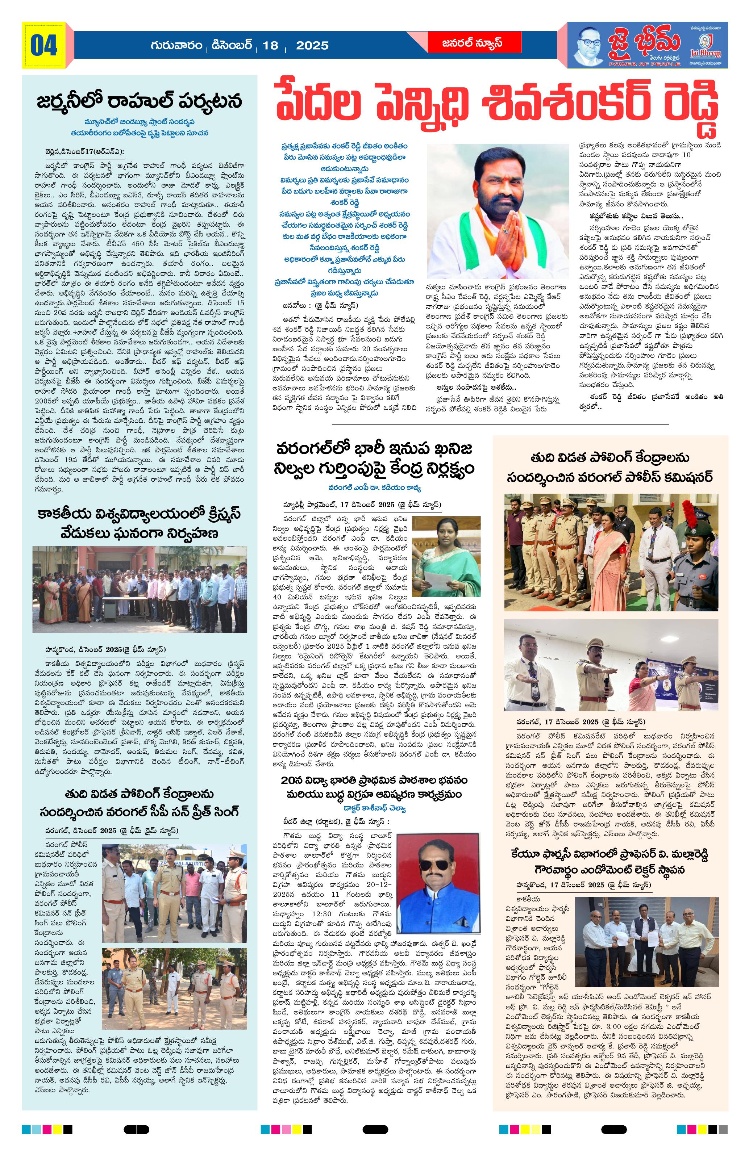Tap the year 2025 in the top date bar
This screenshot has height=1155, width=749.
click(x=312, y=46)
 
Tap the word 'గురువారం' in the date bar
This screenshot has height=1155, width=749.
click(x=177, y=46)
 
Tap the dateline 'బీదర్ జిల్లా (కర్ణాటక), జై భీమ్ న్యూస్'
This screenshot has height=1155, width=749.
click(x=336, y=821)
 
